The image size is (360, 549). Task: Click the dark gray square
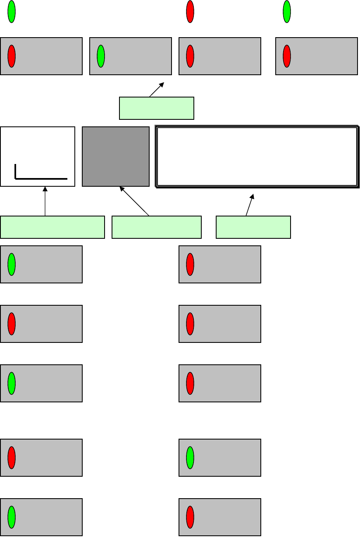click(x=116, y=156)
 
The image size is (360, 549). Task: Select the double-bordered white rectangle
click(x=257, y=157)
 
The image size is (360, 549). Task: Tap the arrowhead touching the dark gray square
click(x=122, y=188)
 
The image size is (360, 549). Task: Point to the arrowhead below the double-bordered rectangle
click(x=252, y=197)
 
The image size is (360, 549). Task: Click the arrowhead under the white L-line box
click(x=45, y=189)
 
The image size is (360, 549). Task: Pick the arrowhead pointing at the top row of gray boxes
click(x=162, y=85)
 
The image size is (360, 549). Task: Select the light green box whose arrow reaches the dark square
click(x=156, y=227)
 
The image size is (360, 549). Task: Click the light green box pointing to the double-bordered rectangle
click(x=253, y=227)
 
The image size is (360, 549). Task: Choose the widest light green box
click(x=52, y=227)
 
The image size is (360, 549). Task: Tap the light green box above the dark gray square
click(x=156, y=108)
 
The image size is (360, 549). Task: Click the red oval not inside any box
click(x=190, y=12)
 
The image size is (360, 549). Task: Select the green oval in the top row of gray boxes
click(x=101, y=56)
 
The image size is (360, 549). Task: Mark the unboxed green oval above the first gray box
click(x=12, y=12)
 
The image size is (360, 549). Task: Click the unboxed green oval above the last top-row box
click(x=287, y=12)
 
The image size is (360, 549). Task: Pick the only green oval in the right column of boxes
click(x=190, y=458)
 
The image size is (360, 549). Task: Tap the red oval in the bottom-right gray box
click(x=190, y=517)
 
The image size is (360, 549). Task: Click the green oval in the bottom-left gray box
click(x=12, y=517)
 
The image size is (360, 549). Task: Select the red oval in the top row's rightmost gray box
click(x=287, y=56)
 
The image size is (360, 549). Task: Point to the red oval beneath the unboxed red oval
click(x=190, y=56)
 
